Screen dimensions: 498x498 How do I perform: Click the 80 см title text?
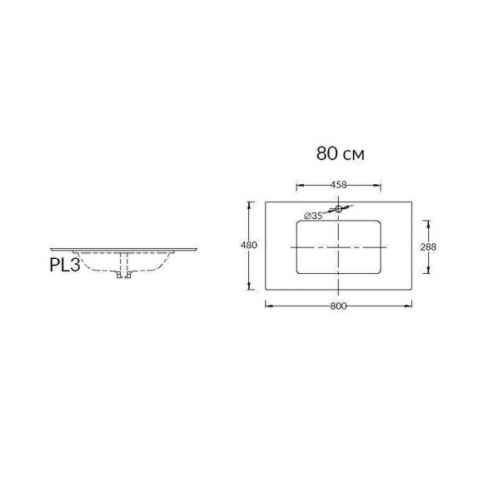pyautogui.click(x=340, y=153)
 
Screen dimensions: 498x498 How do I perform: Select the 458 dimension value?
pyautogui.click(x=339, y=185)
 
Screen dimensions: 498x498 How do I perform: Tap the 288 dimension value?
pyautogui.click(x=428, y=247)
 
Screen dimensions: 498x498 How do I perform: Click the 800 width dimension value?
pyautogui.click(x=339, y=306)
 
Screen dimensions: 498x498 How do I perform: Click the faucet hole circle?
pyautogui.click(x=339, y=209)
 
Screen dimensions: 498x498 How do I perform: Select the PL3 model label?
pyautogui.click(x=65, y=265)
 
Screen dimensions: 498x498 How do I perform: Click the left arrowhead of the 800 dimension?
pyautogui.click(x=267, y=306)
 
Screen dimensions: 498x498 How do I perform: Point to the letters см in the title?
pyautogui.click(x=353, y=154)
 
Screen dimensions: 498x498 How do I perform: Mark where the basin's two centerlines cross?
pyautogui.click(x=339, y=246)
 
